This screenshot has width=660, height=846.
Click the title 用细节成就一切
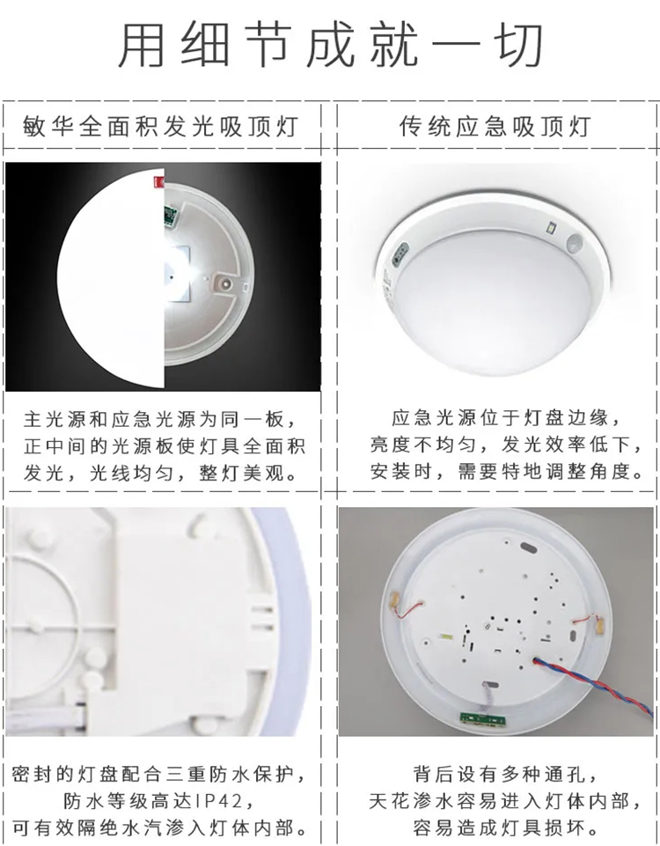(330, 45)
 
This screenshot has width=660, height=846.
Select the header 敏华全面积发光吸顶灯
(160, 127)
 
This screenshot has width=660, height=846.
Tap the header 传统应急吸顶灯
(495, 127)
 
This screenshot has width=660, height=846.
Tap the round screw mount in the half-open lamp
(223, 281)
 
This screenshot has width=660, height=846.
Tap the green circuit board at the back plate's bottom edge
(483, 717)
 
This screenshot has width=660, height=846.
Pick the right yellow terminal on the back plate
(598, 624)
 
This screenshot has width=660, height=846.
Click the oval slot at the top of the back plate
(528, 548)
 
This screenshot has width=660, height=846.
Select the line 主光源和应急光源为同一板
(160, 419)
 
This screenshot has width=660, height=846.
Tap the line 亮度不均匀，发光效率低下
(507, 445)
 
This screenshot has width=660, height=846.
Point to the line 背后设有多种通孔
(506, 774)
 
